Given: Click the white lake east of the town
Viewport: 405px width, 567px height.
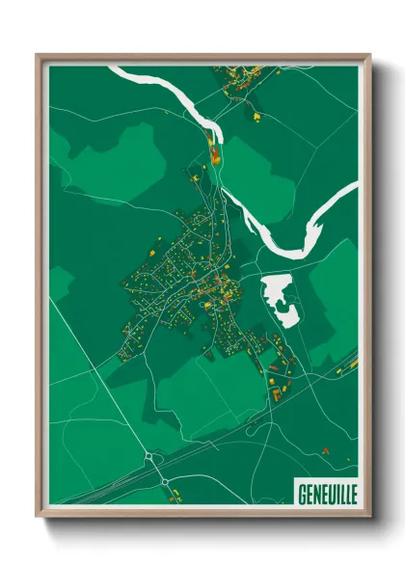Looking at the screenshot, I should point(277,294).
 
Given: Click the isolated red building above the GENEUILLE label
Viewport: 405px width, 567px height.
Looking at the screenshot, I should point(325,449).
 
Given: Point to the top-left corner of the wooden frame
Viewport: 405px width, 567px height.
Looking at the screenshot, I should point(37,55).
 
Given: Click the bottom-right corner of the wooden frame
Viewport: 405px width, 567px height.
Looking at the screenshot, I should point(369,518).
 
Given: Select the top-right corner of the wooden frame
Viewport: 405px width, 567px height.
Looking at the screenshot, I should point(369,55).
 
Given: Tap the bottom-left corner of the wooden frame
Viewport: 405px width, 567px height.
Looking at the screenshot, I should point(37,518).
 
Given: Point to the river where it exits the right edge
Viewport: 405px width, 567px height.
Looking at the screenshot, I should point(351,193).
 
